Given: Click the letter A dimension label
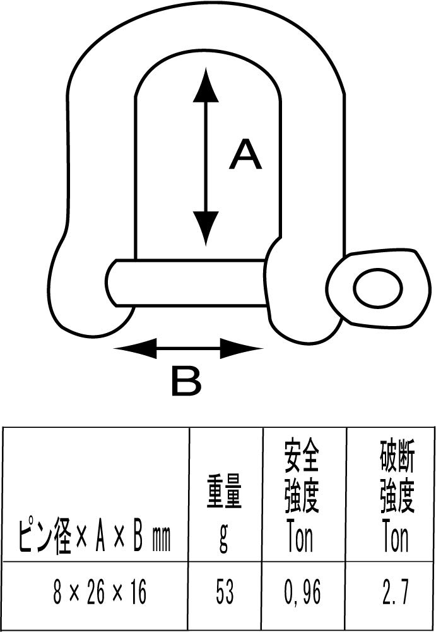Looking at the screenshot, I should click(245, 155).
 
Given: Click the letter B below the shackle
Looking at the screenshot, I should click(186, 382).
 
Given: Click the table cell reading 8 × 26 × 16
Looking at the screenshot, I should click(100, 593).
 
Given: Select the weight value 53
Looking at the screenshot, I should click(224, 593).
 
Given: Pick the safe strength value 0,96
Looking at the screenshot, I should click(302, 593).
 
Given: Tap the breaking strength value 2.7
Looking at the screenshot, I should click(396, 593).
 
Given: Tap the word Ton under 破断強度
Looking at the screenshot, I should click(396, 539).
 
